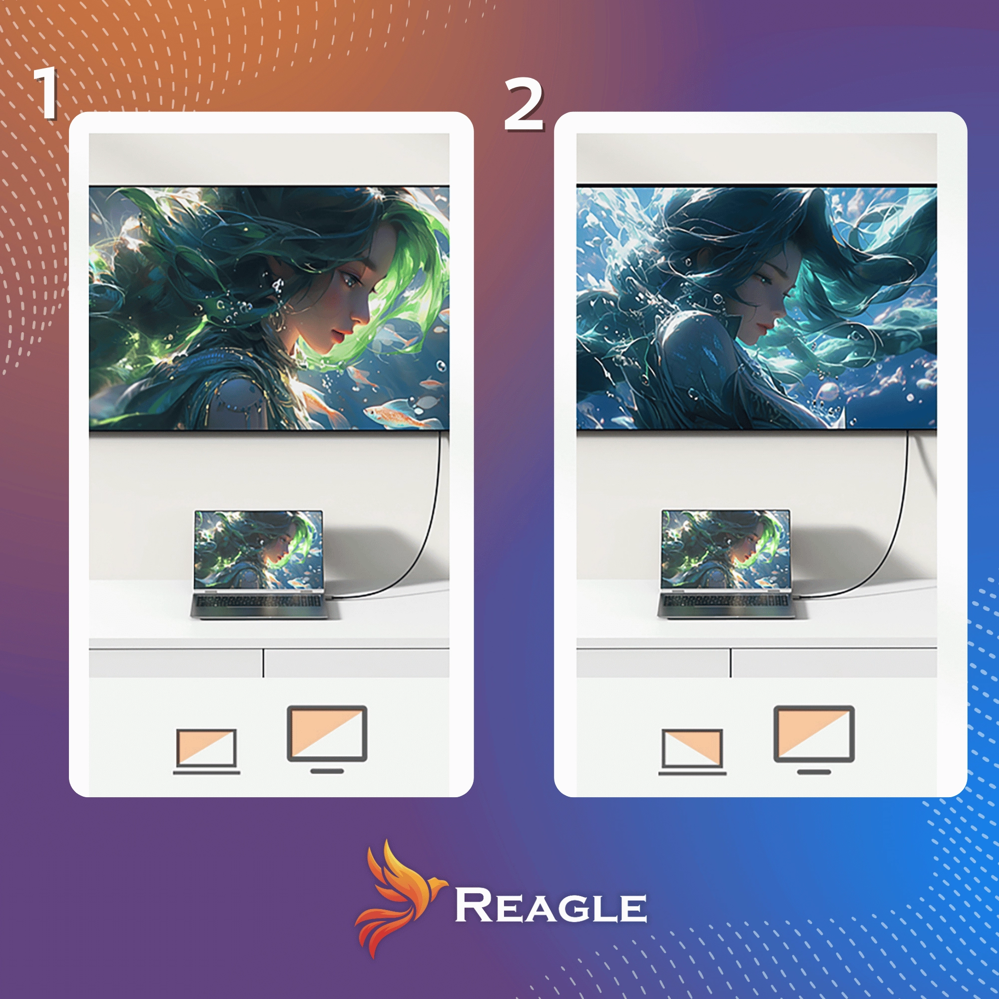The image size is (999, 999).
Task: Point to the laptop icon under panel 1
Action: (x=206, y=751)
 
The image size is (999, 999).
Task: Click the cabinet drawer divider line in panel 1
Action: (x=263, y=663)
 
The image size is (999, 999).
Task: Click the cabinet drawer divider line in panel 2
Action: (x=731, y=663)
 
